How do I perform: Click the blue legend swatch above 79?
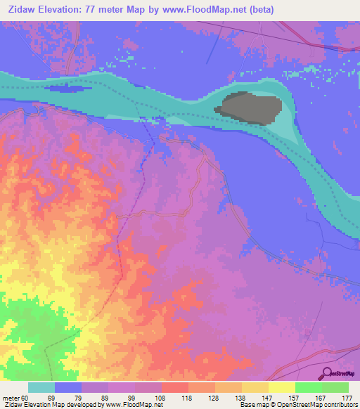point(68,387)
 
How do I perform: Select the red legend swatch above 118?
point(175,387)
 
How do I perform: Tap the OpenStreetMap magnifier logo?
point(328,374)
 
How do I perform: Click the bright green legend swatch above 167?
point(309,387)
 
